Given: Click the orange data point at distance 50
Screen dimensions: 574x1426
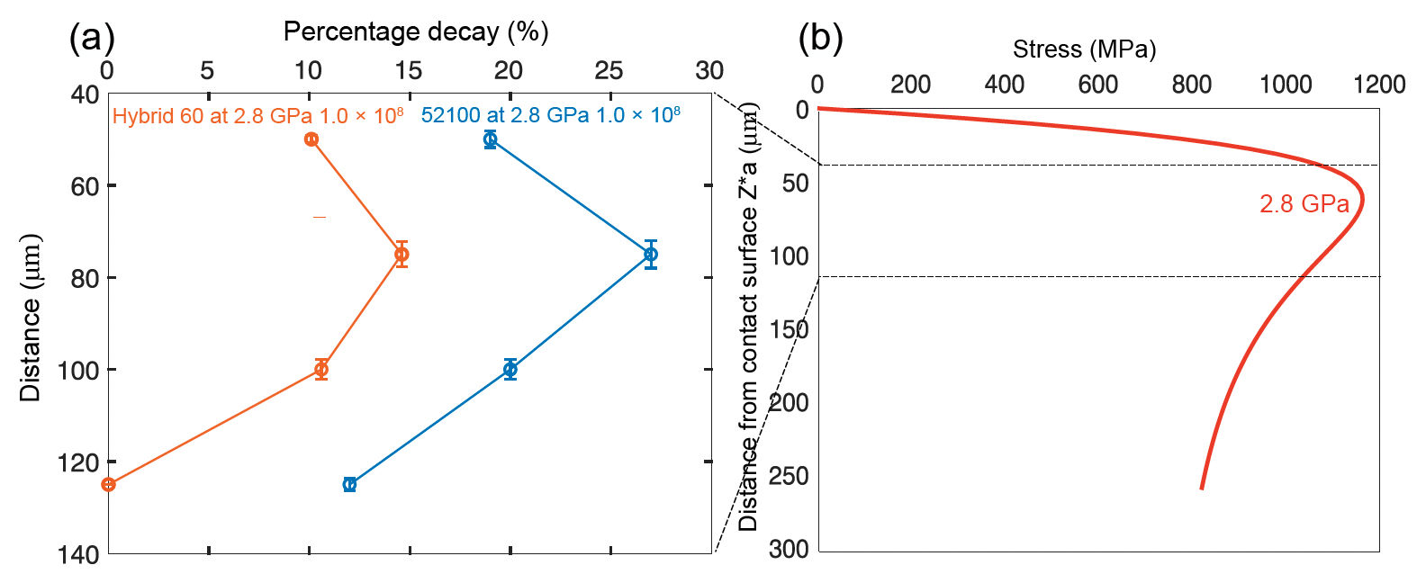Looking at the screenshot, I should (311, 139).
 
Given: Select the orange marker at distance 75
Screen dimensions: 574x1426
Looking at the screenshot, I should (402, 255).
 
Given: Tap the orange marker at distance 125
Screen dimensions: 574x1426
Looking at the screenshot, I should (109, 484).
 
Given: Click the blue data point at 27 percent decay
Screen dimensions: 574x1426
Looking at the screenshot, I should (651, 254).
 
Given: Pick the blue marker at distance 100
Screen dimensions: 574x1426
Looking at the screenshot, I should (510, 369).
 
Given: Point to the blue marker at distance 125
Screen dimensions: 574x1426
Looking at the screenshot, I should (350, 484).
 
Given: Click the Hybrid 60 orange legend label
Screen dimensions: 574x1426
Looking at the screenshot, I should (257, 116).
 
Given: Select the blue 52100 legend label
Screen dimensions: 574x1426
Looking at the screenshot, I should (550, 115).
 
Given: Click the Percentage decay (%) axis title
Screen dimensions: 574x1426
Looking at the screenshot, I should (416, 32).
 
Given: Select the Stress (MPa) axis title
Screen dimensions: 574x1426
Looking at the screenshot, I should (1084, 49).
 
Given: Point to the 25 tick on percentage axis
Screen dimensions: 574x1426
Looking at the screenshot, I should (609, 71).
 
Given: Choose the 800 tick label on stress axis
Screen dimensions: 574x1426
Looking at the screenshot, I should (1191, 85).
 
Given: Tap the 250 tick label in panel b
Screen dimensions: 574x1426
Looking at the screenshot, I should (789, 475).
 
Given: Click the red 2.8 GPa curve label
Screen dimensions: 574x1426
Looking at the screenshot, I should (1304, 204).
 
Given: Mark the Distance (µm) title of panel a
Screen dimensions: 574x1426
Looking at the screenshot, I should (31, 318).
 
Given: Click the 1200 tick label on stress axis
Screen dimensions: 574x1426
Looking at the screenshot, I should (1378, 85).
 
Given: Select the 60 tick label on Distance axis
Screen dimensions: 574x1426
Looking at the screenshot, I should (87, 186).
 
